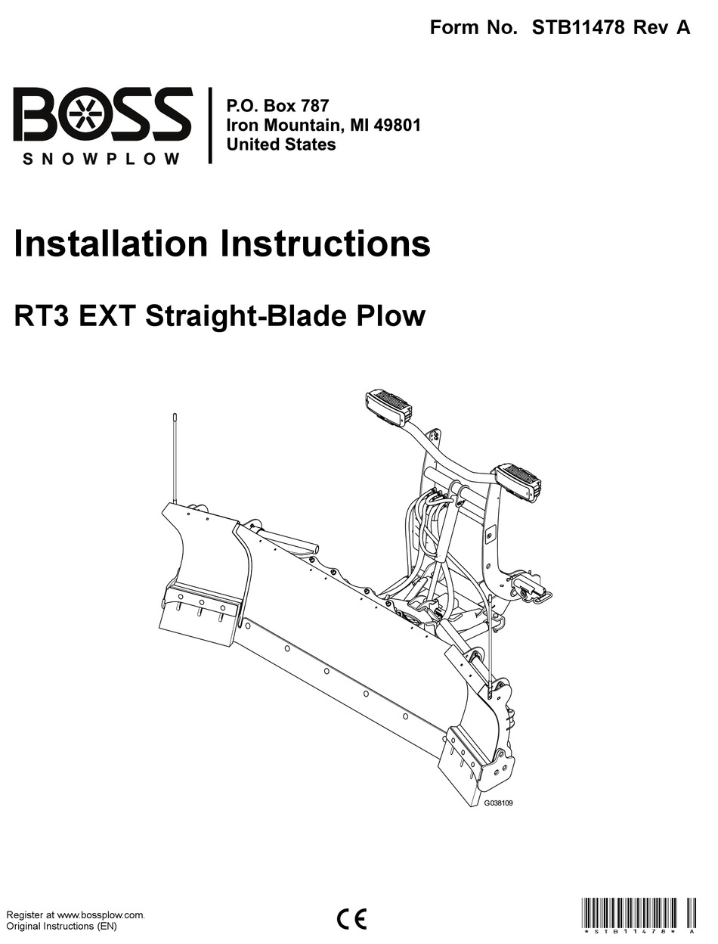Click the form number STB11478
pyautogui.click(x=578, y=28)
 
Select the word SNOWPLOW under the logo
pyautogui.click(x=102, y=159)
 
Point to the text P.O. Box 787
pyautogui.click(x=277, y=105)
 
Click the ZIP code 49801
pyautogui.click(x=395, y=125)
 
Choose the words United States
pyautogui.click(x=281, y=144)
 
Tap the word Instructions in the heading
pyautogui.click(x=324, y=244)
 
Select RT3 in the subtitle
pyautogui.click(x=42, y=315)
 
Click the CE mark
pyautogui.click(x=351, y=918)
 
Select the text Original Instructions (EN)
pyautogui.click(x=61, y=927)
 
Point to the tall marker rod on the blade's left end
pyautogui.click(x=175, y=458)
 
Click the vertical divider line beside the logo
pyautogui.click(x=210, y=126)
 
